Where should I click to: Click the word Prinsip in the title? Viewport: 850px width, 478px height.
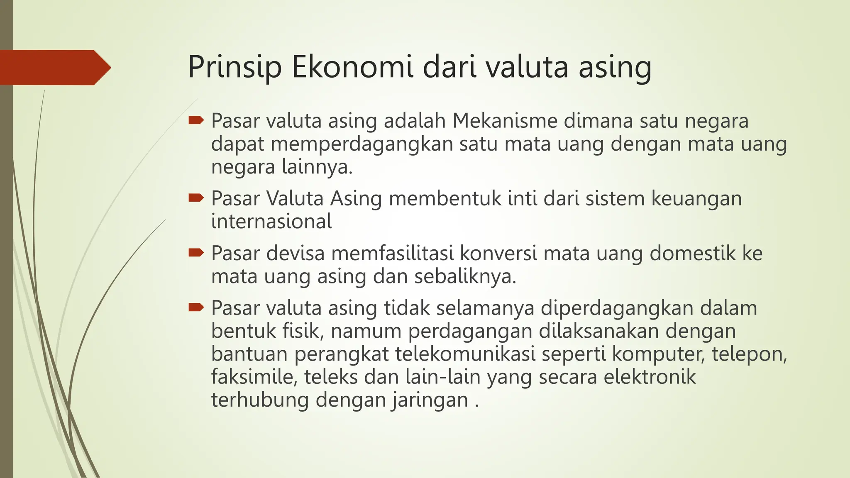coord(235,67)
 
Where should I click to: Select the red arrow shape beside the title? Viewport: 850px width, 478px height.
coord(54,67)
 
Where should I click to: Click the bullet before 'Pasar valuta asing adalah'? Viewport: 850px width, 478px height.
coord(195,121)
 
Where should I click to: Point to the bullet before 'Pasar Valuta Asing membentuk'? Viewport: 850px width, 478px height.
coord(195,198)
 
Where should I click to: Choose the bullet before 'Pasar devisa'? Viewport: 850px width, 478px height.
coord(195,253)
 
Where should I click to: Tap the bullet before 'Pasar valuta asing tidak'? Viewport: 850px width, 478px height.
coord(195,307)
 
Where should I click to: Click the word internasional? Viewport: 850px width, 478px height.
coord(271,221)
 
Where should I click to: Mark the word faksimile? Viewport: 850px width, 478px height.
coord(254,377)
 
